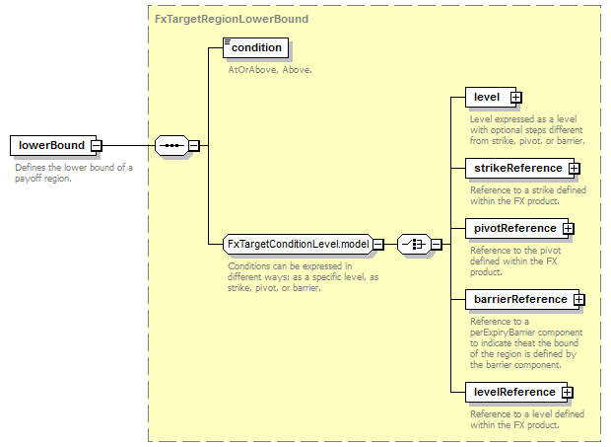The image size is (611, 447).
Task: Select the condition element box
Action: click(256, 47)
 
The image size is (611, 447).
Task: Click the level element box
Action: click(487, 97)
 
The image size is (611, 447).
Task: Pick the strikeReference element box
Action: click(516, 168)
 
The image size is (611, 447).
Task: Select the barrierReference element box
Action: click(519, 299)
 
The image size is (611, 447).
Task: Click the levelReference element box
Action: click(514, 392)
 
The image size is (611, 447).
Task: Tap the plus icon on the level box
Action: click(515, 98)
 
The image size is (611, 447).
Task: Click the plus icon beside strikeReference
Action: click(575, 169)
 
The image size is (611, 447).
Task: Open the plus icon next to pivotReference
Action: click(569, 229)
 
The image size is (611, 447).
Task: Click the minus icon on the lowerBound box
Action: click(96, 146)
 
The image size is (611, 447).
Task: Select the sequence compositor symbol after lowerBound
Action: click(170, 146)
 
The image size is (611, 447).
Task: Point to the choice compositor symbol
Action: click(413, 244)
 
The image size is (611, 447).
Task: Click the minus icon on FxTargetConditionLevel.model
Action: click(377, 245)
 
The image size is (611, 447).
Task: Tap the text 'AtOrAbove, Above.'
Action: click(271, 70)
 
